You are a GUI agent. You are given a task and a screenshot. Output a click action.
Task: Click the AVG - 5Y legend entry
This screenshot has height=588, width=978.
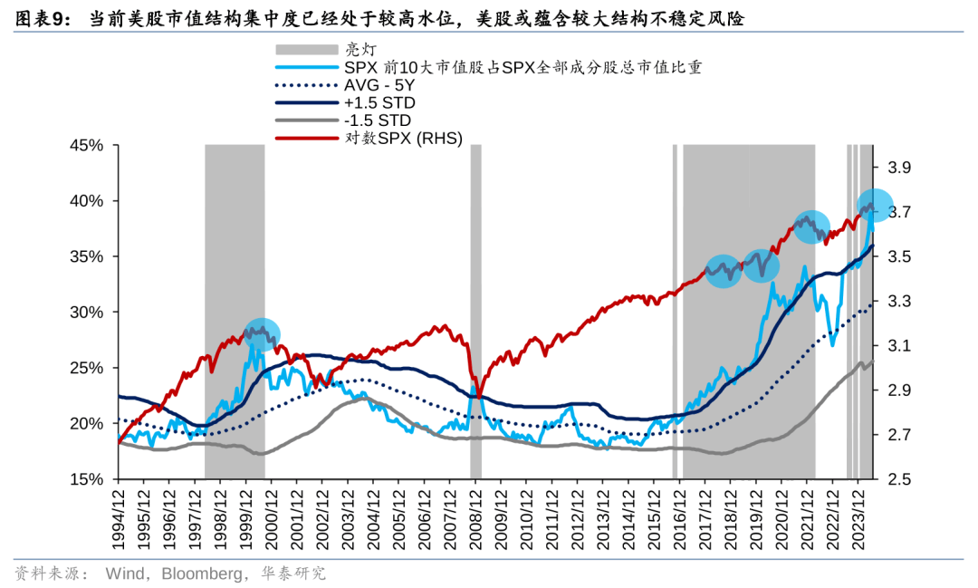[375, 85]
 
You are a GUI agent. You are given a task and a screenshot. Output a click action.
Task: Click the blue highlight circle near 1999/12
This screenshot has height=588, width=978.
[261, 334]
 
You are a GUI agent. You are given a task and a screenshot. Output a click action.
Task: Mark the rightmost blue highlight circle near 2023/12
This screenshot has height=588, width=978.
[875, 206]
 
